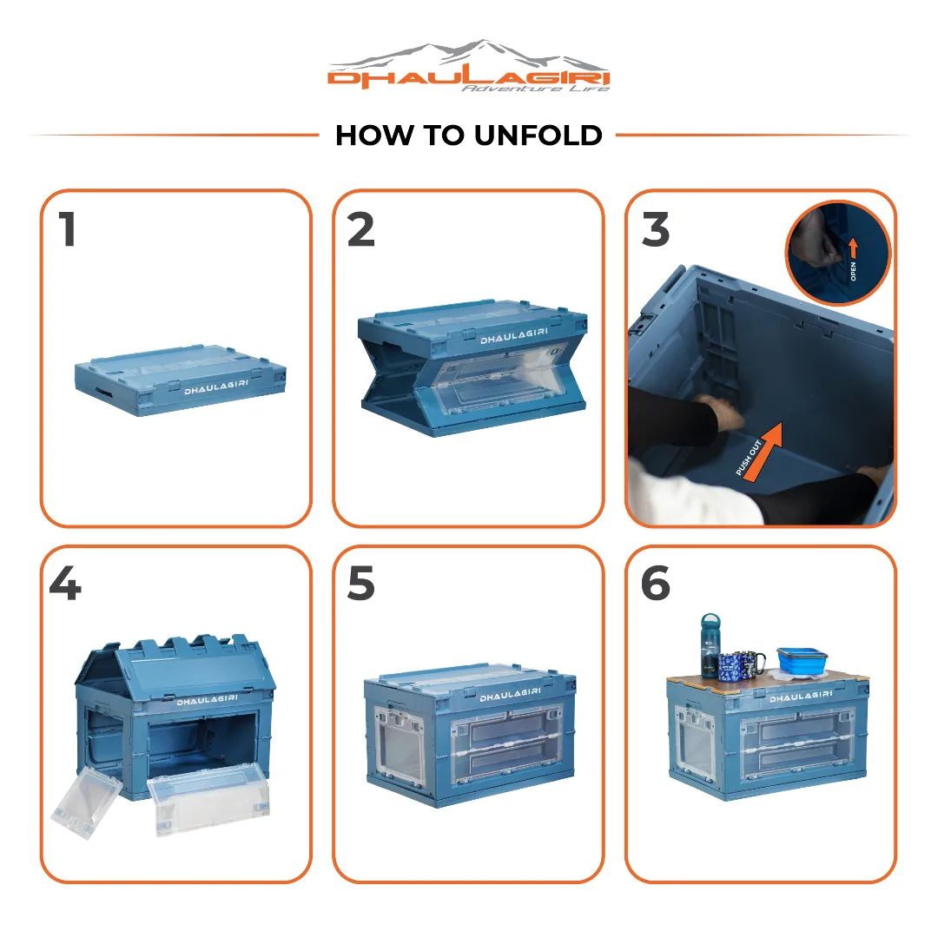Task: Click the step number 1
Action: click(x=67, y=229)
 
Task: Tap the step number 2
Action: click(x=360, y=229)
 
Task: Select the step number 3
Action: click(x=655, y=229)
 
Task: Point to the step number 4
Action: click(x=64, y=584)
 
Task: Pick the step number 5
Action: click(x=360, y=584)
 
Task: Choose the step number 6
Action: click(x=655, y=584)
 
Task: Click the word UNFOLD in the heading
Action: click(x=538, y=135)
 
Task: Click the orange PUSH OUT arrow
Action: click(x=758, y=450)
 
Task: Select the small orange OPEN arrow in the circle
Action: click(x=853, y=248)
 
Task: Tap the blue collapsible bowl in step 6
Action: click(x=803, y=659)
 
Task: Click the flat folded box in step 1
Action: click(x=180, y=380)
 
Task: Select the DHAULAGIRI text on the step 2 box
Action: click(x=514, y=335)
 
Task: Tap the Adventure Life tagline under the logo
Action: click(x=535, y=89)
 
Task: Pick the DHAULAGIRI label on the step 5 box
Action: click(x=511, y=695)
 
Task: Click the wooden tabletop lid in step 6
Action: click(x=768, y=681)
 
